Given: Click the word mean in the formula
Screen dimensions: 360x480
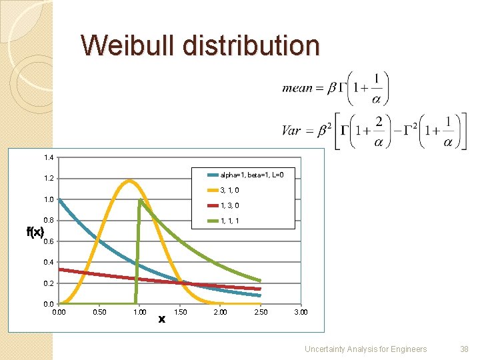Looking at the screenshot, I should click(297, 88).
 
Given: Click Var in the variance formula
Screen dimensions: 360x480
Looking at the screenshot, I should click(291, 131).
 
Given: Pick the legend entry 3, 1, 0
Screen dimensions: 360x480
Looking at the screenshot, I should click(230, 191).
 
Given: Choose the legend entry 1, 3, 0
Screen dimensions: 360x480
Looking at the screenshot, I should click(230, 206).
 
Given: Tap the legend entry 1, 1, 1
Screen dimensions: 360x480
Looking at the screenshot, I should click(230, 221).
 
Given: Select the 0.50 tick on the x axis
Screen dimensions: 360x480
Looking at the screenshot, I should click(99, 312).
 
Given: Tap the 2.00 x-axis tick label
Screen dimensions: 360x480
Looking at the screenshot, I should click(220, 312).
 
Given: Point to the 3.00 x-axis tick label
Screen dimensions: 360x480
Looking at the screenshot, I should click(301, 312).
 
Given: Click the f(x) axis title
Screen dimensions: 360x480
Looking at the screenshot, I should click(35, 232).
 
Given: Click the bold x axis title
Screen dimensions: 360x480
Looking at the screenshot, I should click(161, 319).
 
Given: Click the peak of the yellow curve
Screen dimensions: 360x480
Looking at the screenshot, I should click(129, 180).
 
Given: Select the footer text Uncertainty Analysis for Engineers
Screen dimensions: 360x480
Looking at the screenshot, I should click(365, 348).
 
